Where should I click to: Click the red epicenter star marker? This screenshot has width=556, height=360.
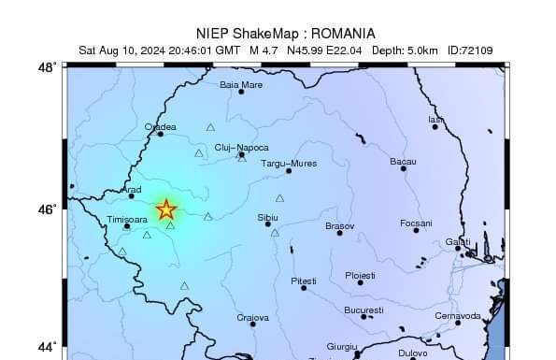pos(165,209)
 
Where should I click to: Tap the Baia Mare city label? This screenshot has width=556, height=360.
pos(241,84)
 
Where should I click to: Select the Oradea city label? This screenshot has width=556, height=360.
pos(160,126)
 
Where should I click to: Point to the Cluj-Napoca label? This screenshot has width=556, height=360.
pos(241,148)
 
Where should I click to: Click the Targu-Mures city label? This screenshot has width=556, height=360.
pos(289,163)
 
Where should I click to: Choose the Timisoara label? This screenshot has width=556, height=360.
pos(128,219)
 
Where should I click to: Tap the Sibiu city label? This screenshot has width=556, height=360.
pos(267,216)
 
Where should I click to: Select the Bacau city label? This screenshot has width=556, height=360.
pos(403,162)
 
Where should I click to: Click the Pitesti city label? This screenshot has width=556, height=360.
pos(304,281)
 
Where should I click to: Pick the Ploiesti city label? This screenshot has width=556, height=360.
pos(360,275)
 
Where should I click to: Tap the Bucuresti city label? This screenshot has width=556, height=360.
pos(364,310)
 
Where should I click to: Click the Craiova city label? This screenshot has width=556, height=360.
pos(252,318)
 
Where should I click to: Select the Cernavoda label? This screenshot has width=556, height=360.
pos(458,315)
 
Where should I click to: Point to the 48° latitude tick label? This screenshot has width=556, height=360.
pos(48,67)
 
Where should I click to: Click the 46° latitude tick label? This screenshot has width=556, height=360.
pos(48,209)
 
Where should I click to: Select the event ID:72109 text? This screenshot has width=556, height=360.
pos(471,50)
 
